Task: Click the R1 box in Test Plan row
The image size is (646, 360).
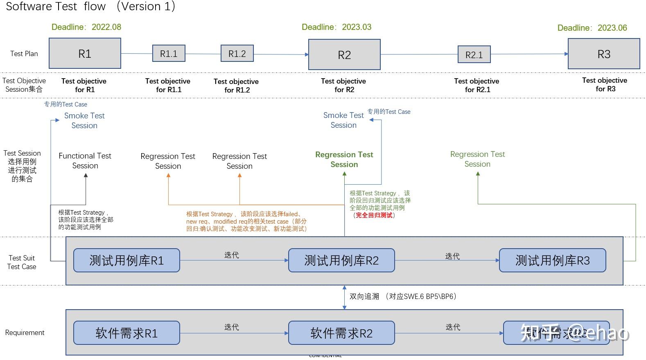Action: pos(85,53)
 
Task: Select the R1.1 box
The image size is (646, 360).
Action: pos(169,53)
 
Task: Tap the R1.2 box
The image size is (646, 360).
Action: pos(237,53)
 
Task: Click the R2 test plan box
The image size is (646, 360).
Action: pos(344,54)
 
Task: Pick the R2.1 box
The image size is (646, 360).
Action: pos(474,54)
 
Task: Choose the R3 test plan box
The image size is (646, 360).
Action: pos(603,54)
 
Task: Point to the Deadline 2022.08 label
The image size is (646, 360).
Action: pos(86,27)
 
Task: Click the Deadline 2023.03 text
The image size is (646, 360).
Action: pos(336,27)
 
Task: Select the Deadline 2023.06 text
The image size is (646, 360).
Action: pos(592,28)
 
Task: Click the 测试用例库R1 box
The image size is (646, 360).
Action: pos(126,260)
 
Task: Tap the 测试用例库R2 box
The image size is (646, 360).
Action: pos(341,260)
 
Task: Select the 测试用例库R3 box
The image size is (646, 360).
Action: pos(552,260)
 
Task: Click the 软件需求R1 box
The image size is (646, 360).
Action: pos(126,333)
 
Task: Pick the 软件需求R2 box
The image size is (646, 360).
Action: pos(341,333)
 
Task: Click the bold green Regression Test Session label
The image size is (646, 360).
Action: pos(344,159)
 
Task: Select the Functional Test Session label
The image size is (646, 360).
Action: pos(85,161)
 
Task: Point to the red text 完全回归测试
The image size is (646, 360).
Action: pos(374,215)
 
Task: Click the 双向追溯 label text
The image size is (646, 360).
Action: pos(364,296)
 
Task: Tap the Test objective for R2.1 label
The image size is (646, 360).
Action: pos(477,85)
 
